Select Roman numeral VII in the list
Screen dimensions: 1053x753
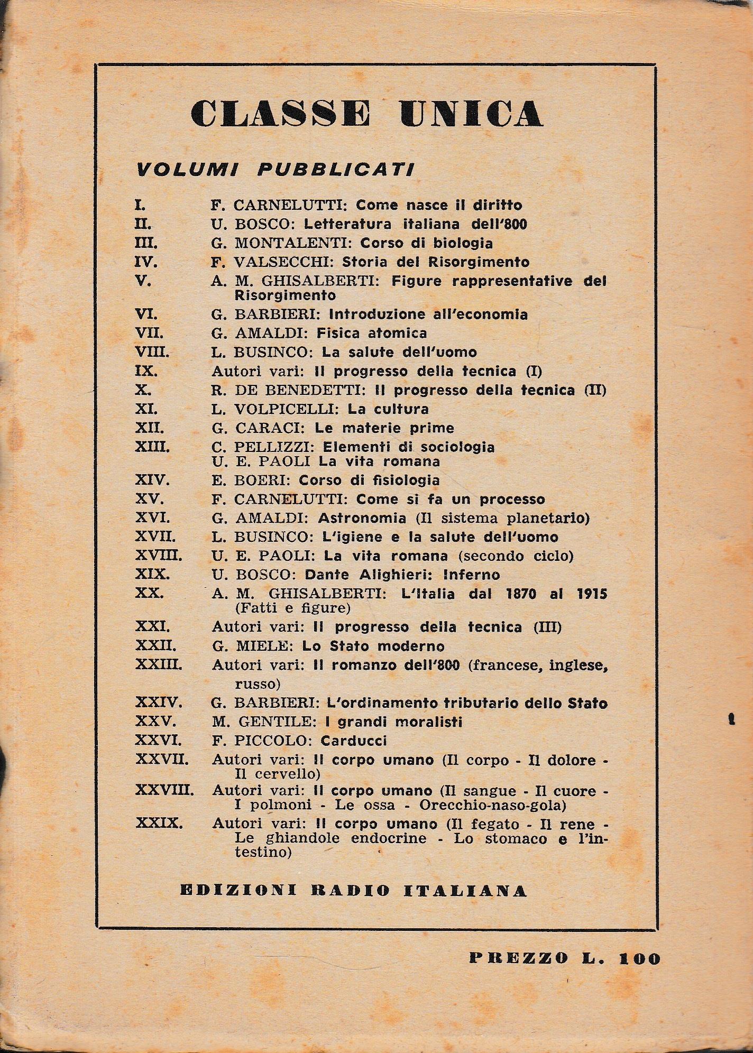pyautogui.click(x=149, y=334)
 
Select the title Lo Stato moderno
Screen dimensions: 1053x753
pyautogui.click(x=373, y=646)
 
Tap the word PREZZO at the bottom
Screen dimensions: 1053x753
pyautogui.click(x=518, y=958)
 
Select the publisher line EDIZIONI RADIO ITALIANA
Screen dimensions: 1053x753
pyautogui.click(x=353, y=891)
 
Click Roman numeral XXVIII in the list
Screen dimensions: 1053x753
pyautogui.click(x=164, y=791)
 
